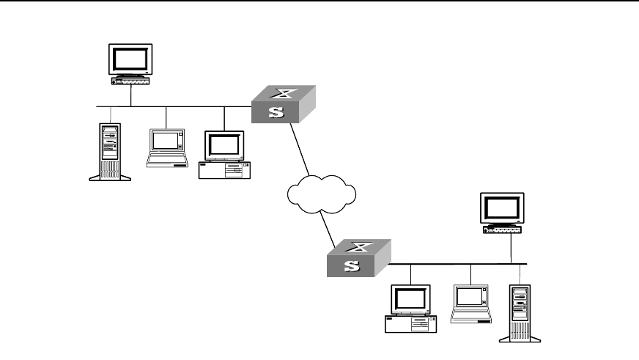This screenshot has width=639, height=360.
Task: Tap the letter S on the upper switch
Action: pyautogui.click(x=275, y=113)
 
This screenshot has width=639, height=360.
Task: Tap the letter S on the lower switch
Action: pyautogui.click(x=352, y=266)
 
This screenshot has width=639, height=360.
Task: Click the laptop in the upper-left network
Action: pyautogui.click(x=166, y=148)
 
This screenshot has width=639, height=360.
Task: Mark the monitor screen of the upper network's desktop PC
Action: pyautogui.click(x=224, y=146)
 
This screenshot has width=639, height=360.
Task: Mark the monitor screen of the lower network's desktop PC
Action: pyautogui.click(x=410, y=300)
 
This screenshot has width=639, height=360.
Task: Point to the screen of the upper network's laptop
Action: pyautogui.click(x=166, y=142)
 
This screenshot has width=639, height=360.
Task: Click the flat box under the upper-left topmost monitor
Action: pyautogui.click(x=130, y=80)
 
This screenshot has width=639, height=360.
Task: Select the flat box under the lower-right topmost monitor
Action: pyautogui.click(x=503, y=229)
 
